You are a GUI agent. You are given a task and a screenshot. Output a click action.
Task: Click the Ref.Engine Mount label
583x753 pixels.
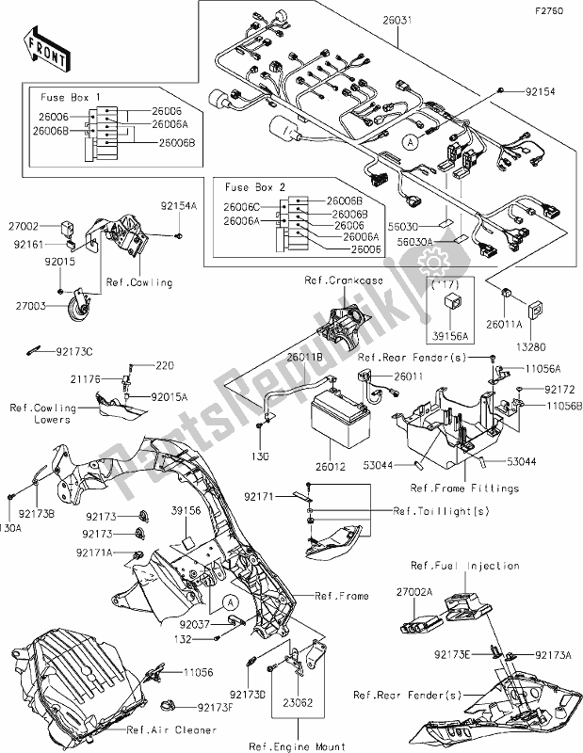tap(297, 745)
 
